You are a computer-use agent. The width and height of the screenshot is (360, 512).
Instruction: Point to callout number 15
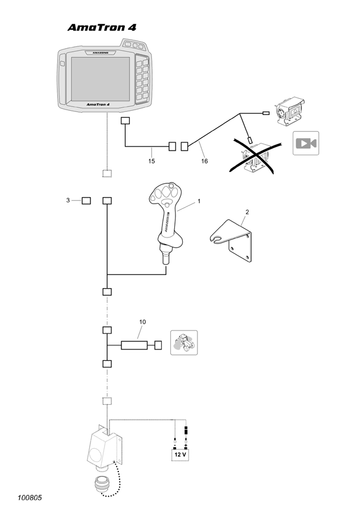click(152, 161)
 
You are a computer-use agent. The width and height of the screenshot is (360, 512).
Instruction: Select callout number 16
click(204, 161)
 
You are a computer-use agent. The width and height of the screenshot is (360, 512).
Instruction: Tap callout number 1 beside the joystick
click(199, 201)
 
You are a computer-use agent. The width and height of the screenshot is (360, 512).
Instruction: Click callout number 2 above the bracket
click(246, 212)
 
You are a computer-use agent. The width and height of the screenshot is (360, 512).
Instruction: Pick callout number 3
click(68, 200)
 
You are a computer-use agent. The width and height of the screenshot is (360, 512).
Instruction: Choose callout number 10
click(142, 322)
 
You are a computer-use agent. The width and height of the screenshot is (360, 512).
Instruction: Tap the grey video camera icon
click(306, 143)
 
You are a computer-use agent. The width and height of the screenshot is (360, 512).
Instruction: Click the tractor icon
click(183, 344)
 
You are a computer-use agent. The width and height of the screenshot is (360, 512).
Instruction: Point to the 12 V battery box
click(180, 454)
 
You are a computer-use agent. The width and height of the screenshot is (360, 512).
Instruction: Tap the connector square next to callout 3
click(86, 201)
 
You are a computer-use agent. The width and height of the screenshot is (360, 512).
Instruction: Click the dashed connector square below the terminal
click(107, 173)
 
